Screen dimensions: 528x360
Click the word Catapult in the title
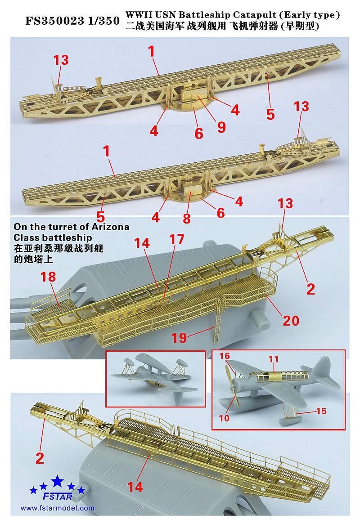pos(233,15)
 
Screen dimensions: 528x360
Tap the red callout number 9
pos(221,127)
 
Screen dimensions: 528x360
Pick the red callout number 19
pos(179,337)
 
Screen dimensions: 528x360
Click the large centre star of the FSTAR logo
pos(57,482)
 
